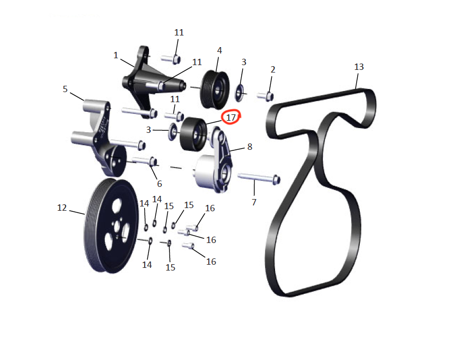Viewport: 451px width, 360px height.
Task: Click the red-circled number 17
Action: (x=231, y=117)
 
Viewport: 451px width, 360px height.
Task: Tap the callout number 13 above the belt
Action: (x=359, y=67)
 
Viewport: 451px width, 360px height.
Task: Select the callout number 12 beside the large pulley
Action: (x=62, y=208)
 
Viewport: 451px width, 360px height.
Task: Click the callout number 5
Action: (x=65, y=89)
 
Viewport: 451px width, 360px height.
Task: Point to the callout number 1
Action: (x=116, y=55)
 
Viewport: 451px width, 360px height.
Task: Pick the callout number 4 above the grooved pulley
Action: (x=219, y=51)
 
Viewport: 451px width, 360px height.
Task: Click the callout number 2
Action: (x=273, y=69)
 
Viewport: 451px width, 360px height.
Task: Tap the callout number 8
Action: (x=250, y=147)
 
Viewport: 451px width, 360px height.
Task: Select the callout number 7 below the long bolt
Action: (x=254, y=202)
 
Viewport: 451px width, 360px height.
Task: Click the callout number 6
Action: (x=160, y=184)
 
